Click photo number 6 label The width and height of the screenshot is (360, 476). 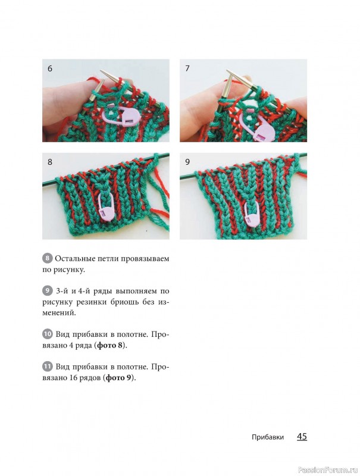point(50,68)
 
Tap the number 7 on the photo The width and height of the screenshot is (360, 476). point(187,68)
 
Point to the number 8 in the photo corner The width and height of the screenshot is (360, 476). point(50,162)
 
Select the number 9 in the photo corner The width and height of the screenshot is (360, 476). point(187,162)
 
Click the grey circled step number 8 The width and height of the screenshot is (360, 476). point(47,259)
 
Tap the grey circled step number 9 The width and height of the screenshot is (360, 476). point(47,291)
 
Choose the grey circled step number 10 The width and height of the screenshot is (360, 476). point(47,334)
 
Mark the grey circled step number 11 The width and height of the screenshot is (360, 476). point(47,367)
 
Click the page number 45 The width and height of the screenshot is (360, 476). point(302,437)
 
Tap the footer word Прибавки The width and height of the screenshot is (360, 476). point(268,437)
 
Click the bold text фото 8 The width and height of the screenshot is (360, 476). point(111,346)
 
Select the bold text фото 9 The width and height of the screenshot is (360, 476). point(120,378)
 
